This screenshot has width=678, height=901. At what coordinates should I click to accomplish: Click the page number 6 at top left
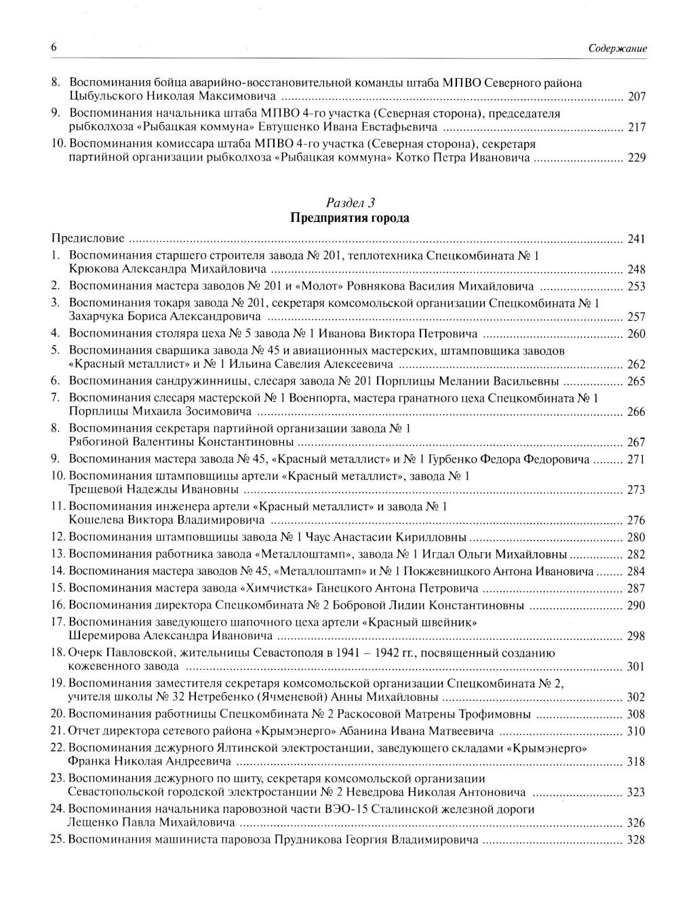pos(54,47)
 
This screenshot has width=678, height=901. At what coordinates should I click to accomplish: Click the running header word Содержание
pos(618,48)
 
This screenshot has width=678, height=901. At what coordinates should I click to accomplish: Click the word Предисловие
pos(88,238)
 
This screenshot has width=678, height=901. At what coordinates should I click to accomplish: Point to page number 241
pos(636,239)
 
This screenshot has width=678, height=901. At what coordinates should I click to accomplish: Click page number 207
pos(636,96)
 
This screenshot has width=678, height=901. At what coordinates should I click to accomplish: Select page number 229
pos(636,157)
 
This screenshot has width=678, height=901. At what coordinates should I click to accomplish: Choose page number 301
pos(636,666)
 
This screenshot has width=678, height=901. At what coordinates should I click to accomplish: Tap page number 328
pos(636,839)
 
